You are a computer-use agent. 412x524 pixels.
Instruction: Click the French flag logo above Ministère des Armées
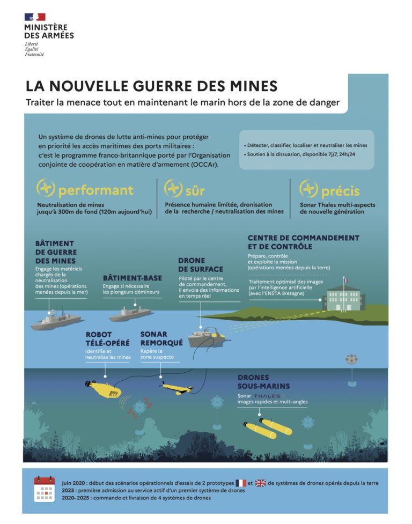click(x=35, y=17)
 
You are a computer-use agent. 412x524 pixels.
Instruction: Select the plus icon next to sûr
click(x=173, y=188)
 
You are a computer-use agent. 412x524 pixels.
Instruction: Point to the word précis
click(x=340, y=191)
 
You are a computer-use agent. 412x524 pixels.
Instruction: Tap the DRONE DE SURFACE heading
click(x=200, y=264)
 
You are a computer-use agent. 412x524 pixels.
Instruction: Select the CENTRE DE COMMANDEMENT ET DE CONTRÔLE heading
click(x=303, y=242)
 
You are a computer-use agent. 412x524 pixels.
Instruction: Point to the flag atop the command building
click(x=347, y=281)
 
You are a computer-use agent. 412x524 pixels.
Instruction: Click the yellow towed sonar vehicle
click(x=177, y=388)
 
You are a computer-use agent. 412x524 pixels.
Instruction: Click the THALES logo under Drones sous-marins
click(x=268, y=396)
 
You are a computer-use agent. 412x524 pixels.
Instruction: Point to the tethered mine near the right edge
click(x=352, y=360)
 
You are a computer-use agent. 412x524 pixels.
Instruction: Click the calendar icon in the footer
click(x=45, y=488)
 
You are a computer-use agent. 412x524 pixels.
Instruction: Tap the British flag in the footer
click(x=260, y=483)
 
